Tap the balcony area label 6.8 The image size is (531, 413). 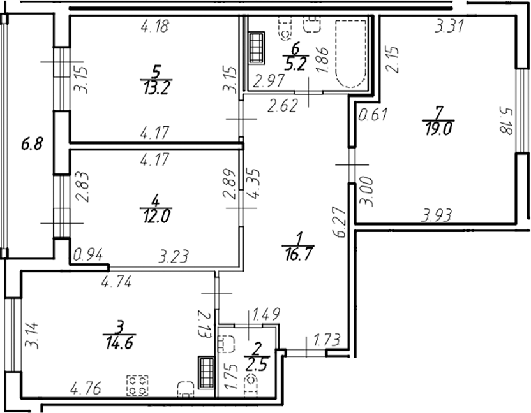pos(30,144)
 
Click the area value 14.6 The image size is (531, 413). pos(118,344)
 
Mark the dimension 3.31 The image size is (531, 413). pos(449,27)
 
